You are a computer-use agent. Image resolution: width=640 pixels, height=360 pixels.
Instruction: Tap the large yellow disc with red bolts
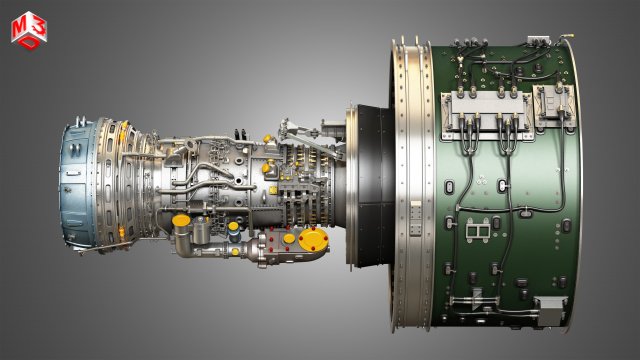point(313,240)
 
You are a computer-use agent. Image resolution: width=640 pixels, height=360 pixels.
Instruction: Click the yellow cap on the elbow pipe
point(181,220)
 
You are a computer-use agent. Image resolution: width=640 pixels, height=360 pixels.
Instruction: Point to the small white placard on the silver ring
point(415,215)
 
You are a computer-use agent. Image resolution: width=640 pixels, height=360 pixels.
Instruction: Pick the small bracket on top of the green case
point(541,41)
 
